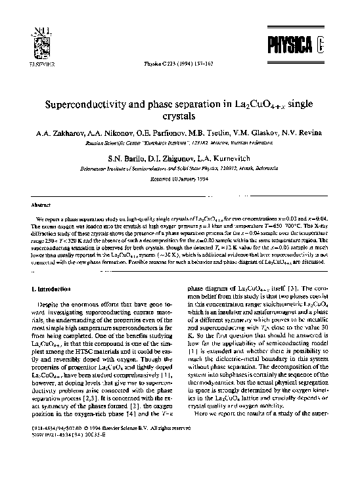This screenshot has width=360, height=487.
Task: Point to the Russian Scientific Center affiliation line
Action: click(x=179, y=141)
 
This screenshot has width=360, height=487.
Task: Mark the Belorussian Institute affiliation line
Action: click(x=179, y=167)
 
